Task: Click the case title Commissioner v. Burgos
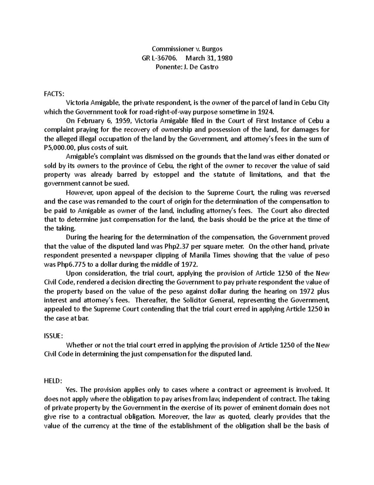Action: pyautogui.click(x=187, y=49)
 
